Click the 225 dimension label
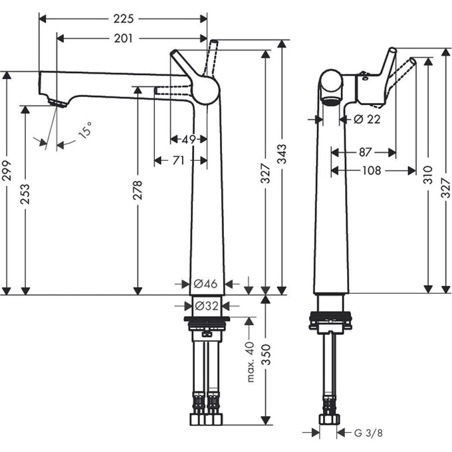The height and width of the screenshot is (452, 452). click(123, 19)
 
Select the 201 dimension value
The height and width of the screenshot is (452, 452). click(123, 39)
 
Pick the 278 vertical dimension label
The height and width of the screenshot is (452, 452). click(138, 189)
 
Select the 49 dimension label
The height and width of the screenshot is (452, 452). click(189, 139)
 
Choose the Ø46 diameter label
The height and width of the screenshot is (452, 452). click(206, 284)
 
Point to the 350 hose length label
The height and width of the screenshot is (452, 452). click(266, 360)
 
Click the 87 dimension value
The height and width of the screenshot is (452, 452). click(365, 152)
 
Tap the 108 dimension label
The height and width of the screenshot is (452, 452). click(372, 171)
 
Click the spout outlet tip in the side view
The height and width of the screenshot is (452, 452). click(57, 102)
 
